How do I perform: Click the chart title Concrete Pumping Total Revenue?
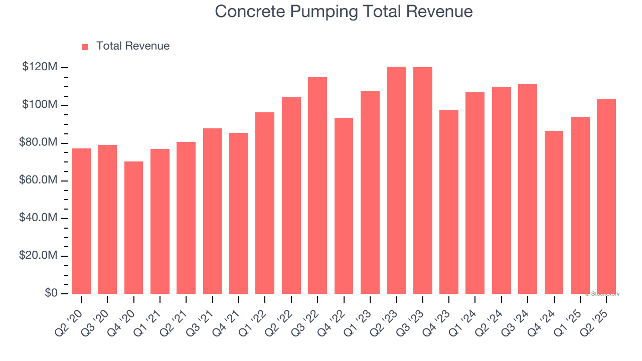tap(344, 12)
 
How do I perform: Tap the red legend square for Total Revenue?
tap(85, 47)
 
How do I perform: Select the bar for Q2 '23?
tap(396, 180)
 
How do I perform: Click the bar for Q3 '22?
tap(317, 186)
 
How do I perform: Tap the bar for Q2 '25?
tap(606, 196)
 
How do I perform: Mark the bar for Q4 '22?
tap(344, 206)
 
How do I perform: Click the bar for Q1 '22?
tap(265, 203)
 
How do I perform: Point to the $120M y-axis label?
tap(40, 67)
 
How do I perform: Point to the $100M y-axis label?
tap(40, 105)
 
